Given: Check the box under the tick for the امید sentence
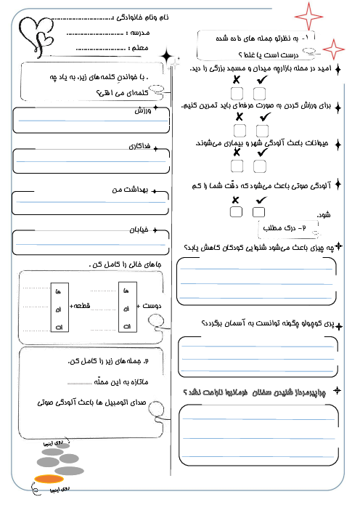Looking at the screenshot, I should click(x=260, y=93).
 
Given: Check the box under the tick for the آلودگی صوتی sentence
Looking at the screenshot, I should click(x=260, y=212).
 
